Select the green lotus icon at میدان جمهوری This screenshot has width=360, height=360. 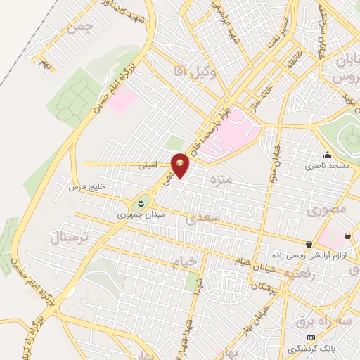(x=141, y=202)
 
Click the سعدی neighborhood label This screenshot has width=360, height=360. (x=204, y=219)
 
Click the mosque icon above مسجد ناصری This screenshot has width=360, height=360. (x=326, y=155)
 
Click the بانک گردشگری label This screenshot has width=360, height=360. (x=311, y=349)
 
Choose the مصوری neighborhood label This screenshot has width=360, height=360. (x=326, y=210)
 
